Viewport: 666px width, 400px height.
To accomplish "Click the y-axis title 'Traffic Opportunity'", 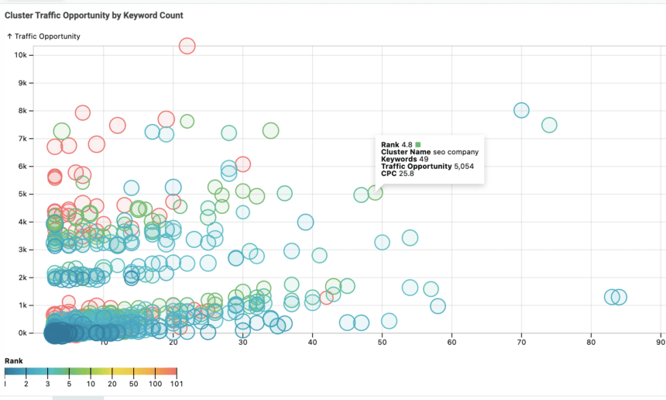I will pos(46,36).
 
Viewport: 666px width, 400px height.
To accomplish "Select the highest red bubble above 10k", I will pos(187,47).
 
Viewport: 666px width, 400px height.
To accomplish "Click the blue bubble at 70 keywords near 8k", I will pos(521,110).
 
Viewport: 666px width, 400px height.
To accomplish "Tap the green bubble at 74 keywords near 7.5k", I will pos(549,125).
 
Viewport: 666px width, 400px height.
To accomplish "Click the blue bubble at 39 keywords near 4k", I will pos(306,222).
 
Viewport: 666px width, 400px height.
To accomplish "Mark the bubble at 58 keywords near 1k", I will pos(438,306).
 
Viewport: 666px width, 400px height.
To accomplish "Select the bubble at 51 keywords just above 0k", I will pos(389,321).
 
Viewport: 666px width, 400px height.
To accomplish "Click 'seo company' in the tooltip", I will pos(457,152).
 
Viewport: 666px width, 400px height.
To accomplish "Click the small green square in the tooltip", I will pos(418,144).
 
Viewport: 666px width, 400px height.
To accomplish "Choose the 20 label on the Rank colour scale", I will pos(112,384).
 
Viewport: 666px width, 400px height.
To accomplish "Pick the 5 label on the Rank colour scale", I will pos(69,384).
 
